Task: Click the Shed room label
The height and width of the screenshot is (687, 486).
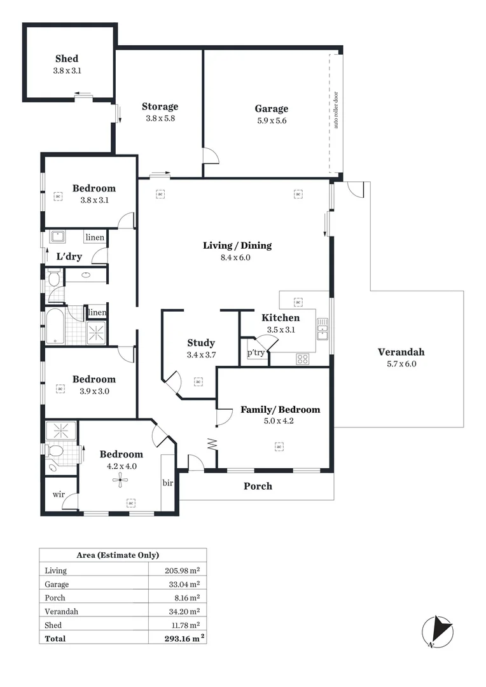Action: pyautogui.click(x=67, y=59)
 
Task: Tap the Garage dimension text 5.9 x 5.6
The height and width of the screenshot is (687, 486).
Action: pyautogui.click(x=271, y=120)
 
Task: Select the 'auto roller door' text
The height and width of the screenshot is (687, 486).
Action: pyautogui.click(x=337, y=110)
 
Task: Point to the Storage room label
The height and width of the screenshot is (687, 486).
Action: pyautogui.click(x=160, y=107)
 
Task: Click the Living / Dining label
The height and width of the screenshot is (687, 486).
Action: pyautogui.click(x=237, y=246)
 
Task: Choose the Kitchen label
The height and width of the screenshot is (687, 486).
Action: pyautogui.click(x=281, y=318)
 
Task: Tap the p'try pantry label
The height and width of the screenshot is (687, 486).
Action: pyautogui.click(x=256, y=353)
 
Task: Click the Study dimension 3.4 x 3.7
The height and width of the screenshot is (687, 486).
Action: pyautogui.click(x=201, y=355)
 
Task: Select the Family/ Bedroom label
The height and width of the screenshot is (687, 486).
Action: pyautogui.click(x=280, y=410)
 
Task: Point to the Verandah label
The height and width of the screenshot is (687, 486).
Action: pyautogui.click(x=401, y=352)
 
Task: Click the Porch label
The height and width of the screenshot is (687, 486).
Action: pyautogui.click(x=258, y=487)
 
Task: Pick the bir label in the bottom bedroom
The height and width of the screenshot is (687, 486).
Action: pyautogui.click(x=169, y=483)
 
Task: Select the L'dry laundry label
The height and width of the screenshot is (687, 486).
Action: pyautogui.click(x=69, y=257)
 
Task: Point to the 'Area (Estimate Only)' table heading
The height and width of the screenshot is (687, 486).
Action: pyautogui.click(x=118, y=555)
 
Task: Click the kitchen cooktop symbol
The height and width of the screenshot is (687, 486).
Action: pyautogui.click(x=303, y=359)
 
